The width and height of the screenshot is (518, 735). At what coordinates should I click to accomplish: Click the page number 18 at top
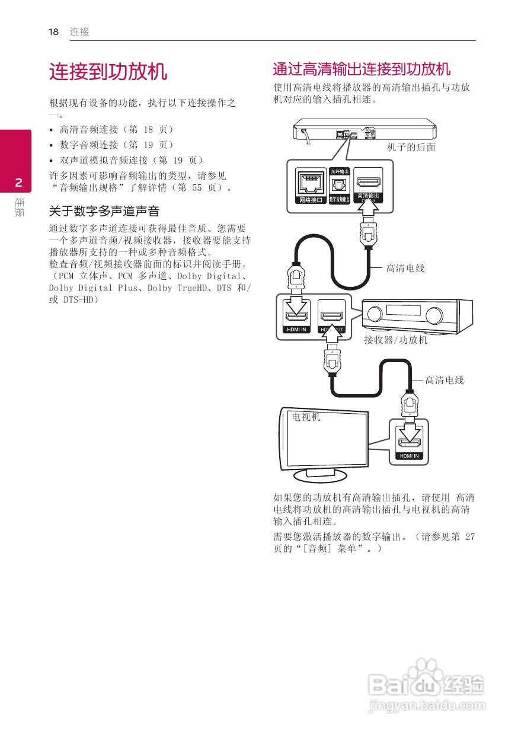[x=53, y=32]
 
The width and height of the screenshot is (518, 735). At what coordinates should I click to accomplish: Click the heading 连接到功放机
[x=108, y=72]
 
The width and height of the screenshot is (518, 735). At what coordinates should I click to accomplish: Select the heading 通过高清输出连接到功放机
[x=362, y=69]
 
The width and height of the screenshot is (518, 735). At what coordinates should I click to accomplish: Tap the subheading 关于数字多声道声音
[x=104, y=212]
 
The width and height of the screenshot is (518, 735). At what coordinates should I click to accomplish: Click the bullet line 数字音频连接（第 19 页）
[x=116, y=145]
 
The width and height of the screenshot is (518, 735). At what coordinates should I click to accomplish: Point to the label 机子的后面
[x=411, y=147]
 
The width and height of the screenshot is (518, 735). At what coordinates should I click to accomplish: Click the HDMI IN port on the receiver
[x=296, y=314]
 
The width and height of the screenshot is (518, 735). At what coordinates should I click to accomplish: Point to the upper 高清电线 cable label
[x=405, y=269]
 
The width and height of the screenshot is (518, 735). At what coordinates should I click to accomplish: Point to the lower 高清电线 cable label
[x=444, y=380]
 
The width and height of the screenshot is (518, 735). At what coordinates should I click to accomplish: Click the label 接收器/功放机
[x=395, y=340]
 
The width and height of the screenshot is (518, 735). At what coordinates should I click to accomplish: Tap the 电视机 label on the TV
[x=306, y=417]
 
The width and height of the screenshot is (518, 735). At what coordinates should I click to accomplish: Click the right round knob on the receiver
[x=433, y=314]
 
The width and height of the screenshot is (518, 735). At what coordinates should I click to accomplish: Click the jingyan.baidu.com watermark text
[x=426, y=705]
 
